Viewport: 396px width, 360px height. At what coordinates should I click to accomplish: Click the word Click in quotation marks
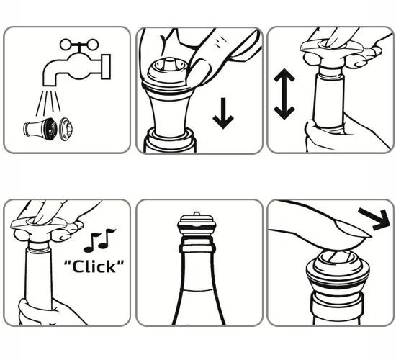click(x=94, y=267)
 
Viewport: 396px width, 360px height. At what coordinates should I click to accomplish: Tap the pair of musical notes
click(x=99, y=240)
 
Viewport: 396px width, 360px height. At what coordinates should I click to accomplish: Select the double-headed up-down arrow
click(x=284, y=94)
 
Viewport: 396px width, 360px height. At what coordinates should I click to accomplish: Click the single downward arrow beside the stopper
click(x=223, y=113)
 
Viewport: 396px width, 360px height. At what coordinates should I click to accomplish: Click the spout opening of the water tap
click(x=49, y=86)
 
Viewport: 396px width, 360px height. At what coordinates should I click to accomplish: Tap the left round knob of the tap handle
click(x=65, y=45)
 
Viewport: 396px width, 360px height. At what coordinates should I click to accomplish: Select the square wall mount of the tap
click(x=106, y=67)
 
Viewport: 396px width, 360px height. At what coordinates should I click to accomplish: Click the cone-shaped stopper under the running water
click(x=39, y=129)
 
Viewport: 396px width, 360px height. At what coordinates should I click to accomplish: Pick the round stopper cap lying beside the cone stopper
click(x=66, y=130)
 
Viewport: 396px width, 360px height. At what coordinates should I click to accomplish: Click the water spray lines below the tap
click(x=48, y=103)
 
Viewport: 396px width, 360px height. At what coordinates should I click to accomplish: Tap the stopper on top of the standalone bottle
click(x=197, y=225)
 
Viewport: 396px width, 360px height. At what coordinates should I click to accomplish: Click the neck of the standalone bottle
click(x=197, y=268)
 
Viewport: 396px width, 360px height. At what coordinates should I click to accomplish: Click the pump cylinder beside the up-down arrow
click(x=329, y=99)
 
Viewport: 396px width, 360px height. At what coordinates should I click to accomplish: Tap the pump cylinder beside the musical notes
click(x=39, y=275)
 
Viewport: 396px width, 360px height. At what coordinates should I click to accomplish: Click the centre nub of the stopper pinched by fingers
click(x=169, y=63)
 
